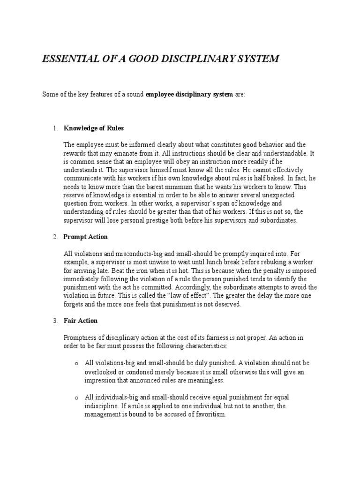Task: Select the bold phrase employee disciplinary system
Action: (x=189, y=94)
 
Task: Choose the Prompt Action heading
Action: (x=86, y=237)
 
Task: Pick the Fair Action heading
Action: (x=81, y=321)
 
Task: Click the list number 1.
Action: (x=55, y=128)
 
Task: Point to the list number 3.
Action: (x=55, y=321)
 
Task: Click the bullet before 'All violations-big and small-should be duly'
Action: (x=75, y=363)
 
